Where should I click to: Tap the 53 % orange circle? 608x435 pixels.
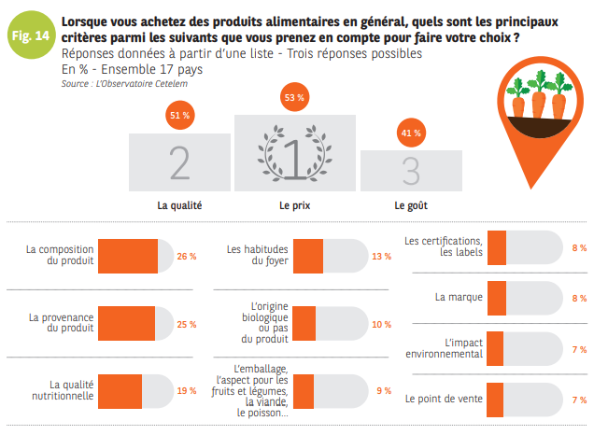(295, 97)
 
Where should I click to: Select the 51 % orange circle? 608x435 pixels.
(179, 116)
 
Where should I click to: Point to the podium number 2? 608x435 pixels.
(179, 162)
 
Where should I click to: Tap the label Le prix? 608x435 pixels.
(295, 204)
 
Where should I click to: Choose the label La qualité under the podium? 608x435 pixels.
(179, 204)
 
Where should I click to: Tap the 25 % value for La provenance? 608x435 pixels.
(187, 324)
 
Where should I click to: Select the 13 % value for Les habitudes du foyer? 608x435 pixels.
(381, 256)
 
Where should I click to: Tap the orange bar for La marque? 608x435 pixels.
(497, 298)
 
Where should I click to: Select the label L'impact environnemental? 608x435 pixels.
(444, 348)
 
